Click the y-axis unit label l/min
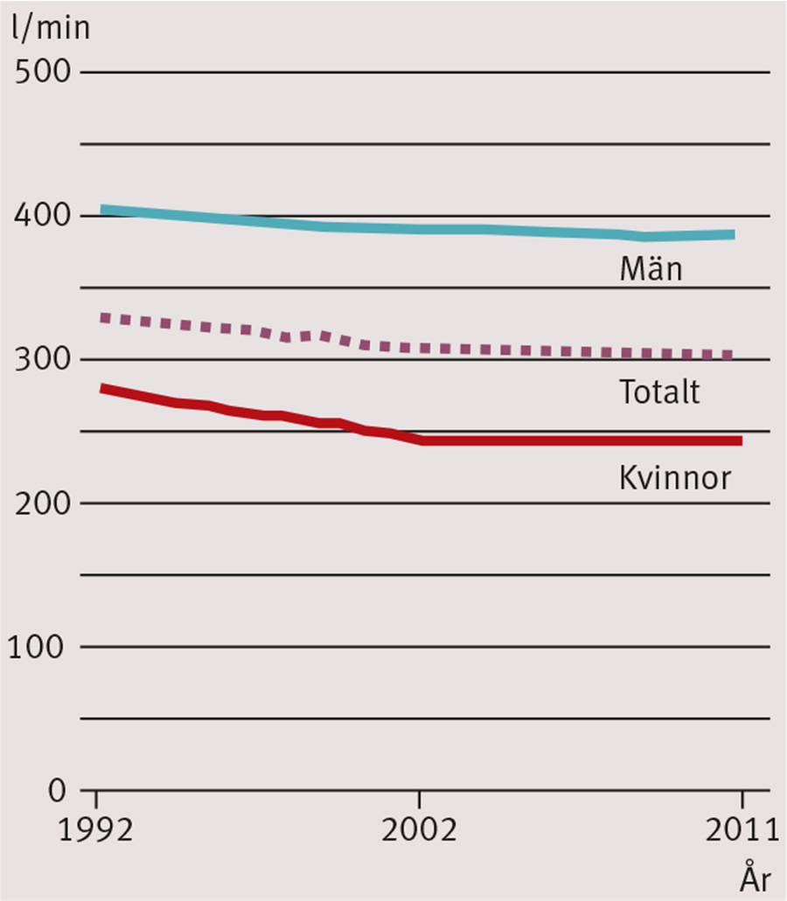(51, 30)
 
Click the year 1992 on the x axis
(96, 829)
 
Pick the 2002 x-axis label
(420, 829)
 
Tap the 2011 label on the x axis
(740, 829)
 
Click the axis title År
(757, 874)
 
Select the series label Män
(651, 269)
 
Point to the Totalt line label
(660, 392)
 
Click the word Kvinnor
(674, 477)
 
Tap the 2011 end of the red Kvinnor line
(740, 440)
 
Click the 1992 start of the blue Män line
(101, 210)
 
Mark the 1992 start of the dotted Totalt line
(103, 317)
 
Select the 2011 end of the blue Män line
(732, 234)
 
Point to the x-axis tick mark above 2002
(420, 800)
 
